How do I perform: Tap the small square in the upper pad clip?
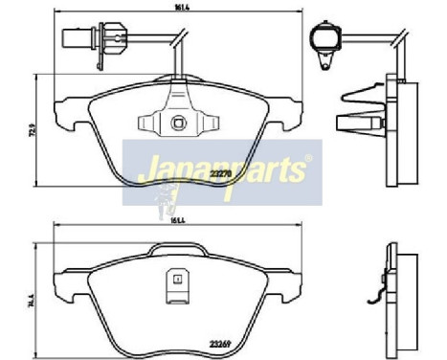(x=176, y=122)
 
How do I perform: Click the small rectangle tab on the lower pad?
(x=177, y=279)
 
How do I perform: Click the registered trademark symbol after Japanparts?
(x=306, y=159)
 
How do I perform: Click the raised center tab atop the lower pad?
(x=178, y=249)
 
